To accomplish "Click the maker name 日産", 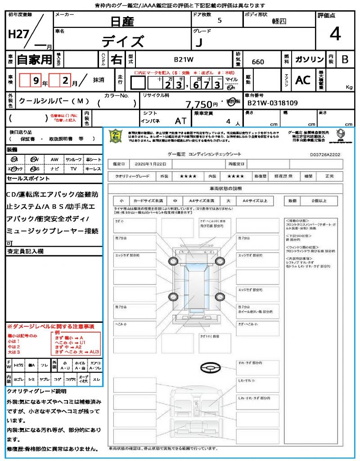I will [122, 21].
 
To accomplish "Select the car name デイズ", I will [122, 41].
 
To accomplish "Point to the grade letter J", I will [198, 42].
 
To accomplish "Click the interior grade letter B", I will [345, 59].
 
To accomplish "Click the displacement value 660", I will [258, 62].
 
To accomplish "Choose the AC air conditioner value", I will [303, 80].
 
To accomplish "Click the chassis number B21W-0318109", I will [273, 103].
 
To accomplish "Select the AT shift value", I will [181, 121].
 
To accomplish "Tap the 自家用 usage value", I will [34, 59].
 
